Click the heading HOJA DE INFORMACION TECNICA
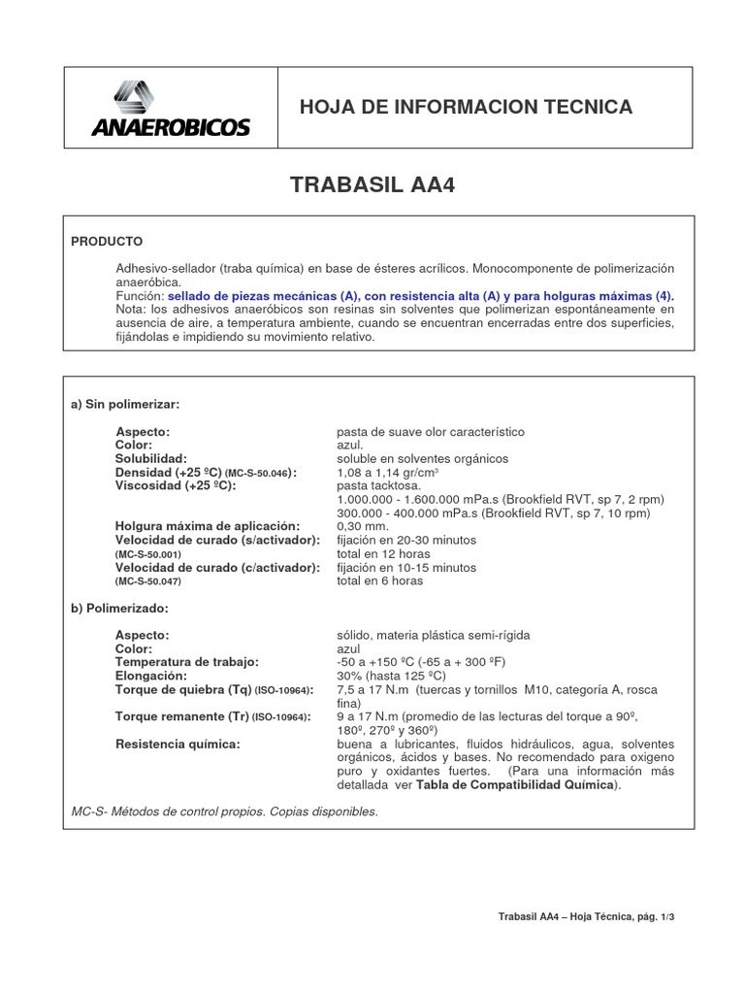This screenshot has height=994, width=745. pos(466,107)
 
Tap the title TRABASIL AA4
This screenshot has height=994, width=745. pos(372,185)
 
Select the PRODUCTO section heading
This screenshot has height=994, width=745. pos(107,241)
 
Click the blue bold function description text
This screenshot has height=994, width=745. pos(420,295)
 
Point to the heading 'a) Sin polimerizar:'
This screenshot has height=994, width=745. pos(125,404)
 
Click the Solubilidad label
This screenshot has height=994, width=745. pos(151,458)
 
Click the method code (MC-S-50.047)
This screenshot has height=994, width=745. pos(148,581)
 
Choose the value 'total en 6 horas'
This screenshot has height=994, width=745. pos(379,580)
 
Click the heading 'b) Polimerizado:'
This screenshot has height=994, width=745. pos(119,608)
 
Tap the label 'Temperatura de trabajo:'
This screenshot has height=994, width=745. pos(187,662)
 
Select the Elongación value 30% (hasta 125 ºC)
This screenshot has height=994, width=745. pos(391,676)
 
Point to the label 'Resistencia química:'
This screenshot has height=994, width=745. pos(178,744)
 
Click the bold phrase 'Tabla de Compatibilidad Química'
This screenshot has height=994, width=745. pos(515,784)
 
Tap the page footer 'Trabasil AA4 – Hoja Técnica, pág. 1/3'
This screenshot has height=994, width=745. pos(585,916)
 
